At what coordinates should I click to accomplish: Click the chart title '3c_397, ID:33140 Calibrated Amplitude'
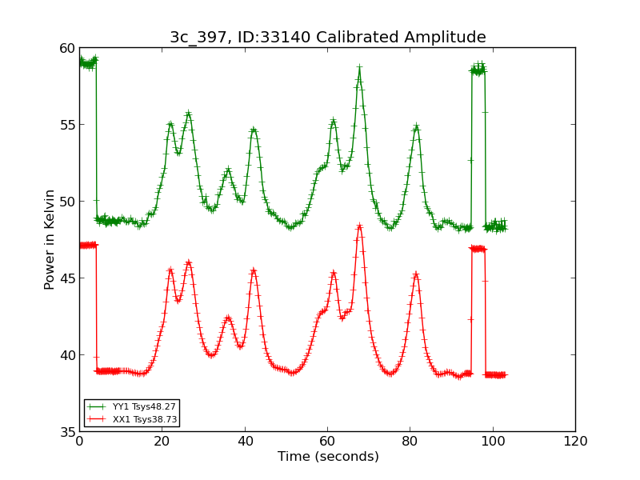[x=327, y=37]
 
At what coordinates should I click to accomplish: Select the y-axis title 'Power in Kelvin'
[x=50, y=239]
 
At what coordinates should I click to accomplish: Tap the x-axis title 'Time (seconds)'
[x=327, y=457]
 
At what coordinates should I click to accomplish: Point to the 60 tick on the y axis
[x=66, y=48]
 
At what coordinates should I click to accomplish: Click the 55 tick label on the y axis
[x=66, y=125]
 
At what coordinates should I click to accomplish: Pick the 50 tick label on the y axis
[x=66, y=202]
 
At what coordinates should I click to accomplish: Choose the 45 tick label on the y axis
[x=66, y=278]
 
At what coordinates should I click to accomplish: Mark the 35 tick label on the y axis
[x=66, y=432]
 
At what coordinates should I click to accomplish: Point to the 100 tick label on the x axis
[x=492, y=442]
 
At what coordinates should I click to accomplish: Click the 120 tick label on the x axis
[x=575, y=442]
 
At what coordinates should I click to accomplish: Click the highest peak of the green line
[x=359, y=68]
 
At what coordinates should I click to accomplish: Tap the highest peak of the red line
[x=359, y=226]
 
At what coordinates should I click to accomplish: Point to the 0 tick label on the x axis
[x=79, y=442]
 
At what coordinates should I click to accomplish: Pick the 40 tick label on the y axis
[x=66, y=355]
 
